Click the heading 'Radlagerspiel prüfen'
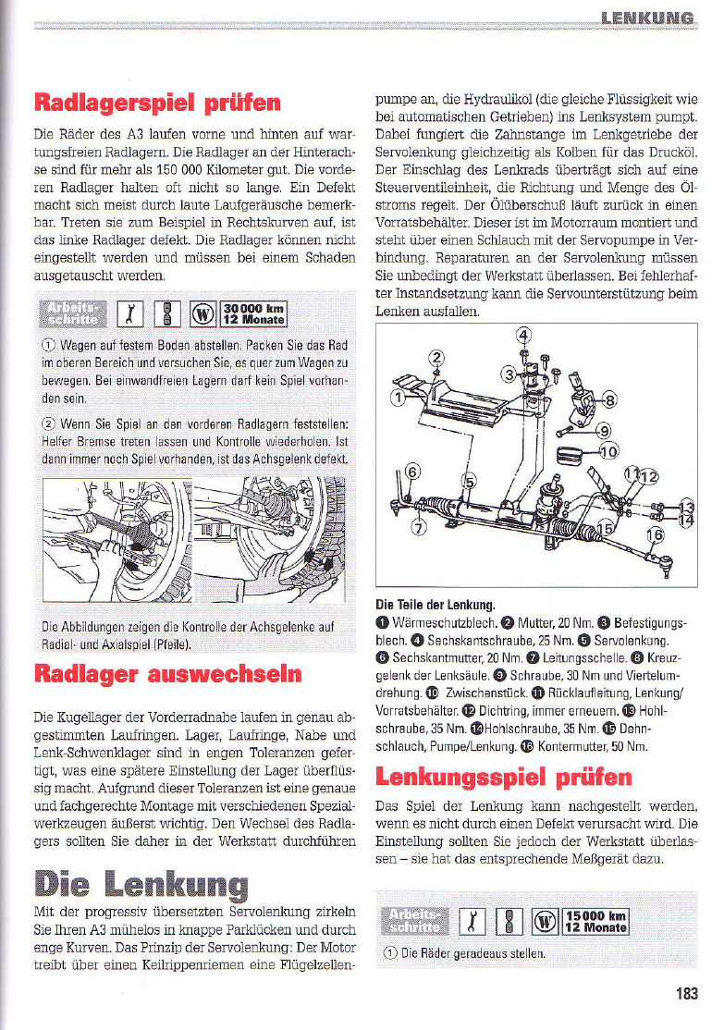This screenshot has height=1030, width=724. coord(157,100)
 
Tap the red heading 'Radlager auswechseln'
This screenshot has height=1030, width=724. coord(167,672)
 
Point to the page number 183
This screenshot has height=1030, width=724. coord(685,994)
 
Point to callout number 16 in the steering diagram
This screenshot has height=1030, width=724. coord(655,536)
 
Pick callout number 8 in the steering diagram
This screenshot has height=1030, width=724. coord(607,400)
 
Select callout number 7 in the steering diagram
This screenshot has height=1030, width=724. coord(418,528)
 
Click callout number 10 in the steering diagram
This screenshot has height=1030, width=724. coord(608,452)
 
